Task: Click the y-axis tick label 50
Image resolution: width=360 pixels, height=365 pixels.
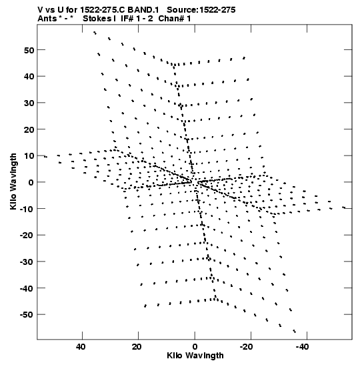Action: click(x=29, y=50)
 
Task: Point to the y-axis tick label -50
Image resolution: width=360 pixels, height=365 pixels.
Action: click(x=27, y=315)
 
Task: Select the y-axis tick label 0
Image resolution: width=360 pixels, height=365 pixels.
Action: click(x=31, y=182)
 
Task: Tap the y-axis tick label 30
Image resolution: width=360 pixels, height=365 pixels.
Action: click(x=29, y=103)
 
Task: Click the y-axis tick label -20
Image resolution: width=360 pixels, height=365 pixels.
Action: click(x=27, y=236)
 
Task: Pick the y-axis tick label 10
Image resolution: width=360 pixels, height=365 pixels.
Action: click(x=29, y=156)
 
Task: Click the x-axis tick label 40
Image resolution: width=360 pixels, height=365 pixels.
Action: click(x=81, y=347)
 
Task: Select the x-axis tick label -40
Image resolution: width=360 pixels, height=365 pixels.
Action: click(x=302, y=347)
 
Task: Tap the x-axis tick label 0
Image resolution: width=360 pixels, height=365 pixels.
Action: click(x=195, y=347)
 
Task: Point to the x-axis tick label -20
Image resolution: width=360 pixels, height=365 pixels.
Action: click(x=246, y=347)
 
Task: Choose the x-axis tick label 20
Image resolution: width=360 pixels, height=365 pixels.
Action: click(x=137, y=347)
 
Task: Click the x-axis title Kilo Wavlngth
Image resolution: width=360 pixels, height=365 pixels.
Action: click(x=195, y=356)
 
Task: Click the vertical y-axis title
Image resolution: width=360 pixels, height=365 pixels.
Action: click(x=13, y=181)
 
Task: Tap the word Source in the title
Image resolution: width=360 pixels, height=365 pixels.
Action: click(x=181, y=10)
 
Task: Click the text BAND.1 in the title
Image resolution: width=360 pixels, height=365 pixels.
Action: click(x=143, y=10)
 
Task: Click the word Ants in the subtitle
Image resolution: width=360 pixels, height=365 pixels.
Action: click(x=47, y=19)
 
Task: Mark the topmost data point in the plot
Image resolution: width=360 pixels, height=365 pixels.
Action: click(x=95, y=33)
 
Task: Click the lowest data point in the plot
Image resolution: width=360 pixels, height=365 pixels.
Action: click(x=295, y=331)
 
